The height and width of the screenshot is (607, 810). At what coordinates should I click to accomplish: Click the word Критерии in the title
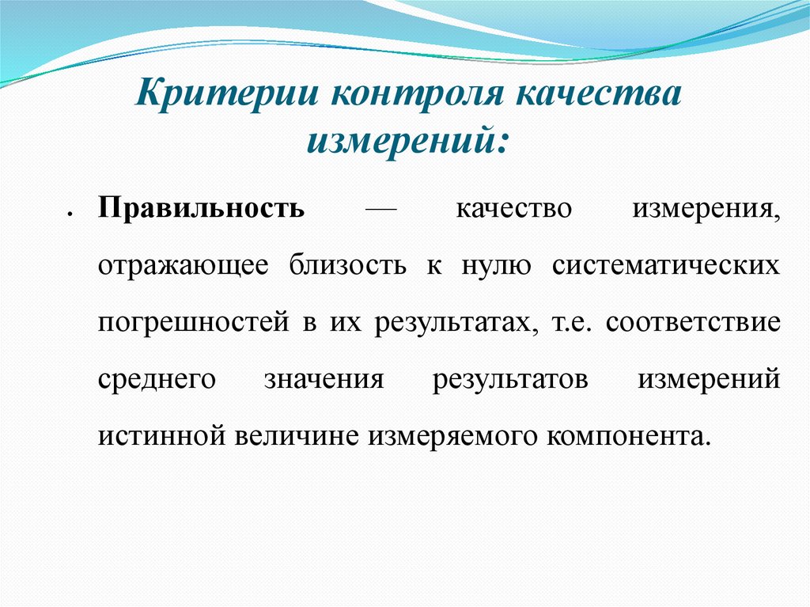227,94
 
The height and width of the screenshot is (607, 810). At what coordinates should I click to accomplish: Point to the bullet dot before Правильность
69,214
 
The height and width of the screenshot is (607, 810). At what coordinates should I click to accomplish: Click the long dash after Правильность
380,210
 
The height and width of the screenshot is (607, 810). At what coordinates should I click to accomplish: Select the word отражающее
183,267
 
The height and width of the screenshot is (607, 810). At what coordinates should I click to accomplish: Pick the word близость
348,265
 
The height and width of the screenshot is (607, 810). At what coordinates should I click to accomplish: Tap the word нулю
496,267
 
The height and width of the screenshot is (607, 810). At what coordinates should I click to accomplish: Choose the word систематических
666,266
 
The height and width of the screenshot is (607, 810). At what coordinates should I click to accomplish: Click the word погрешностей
193,323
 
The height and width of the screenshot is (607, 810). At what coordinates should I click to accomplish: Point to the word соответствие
693,322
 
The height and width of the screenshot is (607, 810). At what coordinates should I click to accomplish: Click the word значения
324,380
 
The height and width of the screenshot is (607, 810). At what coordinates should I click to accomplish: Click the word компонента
626,436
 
